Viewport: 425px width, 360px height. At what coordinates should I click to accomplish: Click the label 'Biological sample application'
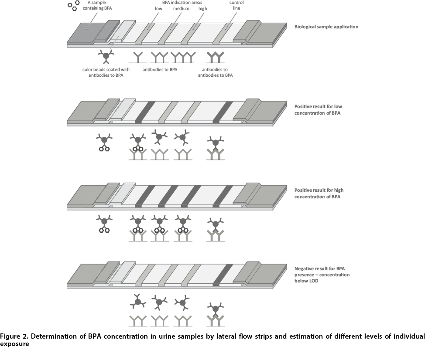tap(326, 27)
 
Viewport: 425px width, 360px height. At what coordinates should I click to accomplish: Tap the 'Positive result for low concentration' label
tap(318, 110)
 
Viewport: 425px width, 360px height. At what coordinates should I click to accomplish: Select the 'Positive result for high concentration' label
tap(319, 193)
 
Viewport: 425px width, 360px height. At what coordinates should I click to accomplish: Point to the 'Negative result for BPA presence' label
tap(322, 275)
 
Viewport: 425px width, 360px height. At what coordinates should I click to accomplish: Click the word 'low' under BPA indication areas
tap(158, 9)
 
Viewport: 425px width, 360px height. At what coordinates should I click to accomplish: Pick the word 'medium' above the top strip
tap(182, 9)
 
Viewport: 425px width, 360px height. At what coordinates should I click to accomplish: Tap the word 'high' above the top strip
tap(203, 9)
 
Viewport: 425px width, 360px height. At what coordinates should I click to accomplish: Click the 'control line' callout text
tap(236, 5)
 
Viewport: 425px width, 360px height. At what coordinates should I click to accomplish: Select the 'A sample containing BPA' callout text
tap(97, 5)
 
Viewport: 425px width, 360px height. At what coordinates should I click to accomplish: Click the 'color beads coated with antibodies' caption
tap(106, 72)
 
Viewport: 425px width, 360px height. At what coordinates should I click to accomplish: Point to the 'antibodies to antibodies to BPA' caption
tap(215, 72)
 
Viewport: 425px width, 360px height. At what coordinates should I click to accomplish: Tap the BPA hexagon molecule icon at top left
tap(74, 5)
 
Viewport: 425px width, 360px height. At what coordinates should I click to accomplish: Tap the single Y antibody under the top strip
tap(138, 58)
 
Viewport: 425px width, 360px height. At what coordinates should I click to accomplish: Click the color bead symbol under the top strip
tap(106, 56)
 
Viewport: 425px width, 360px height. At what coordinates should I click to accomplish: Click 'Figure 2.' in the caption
tap(14, 336)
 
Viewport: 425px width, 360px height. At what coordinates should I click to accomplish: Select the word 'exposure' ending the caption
tap(14, 344)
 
